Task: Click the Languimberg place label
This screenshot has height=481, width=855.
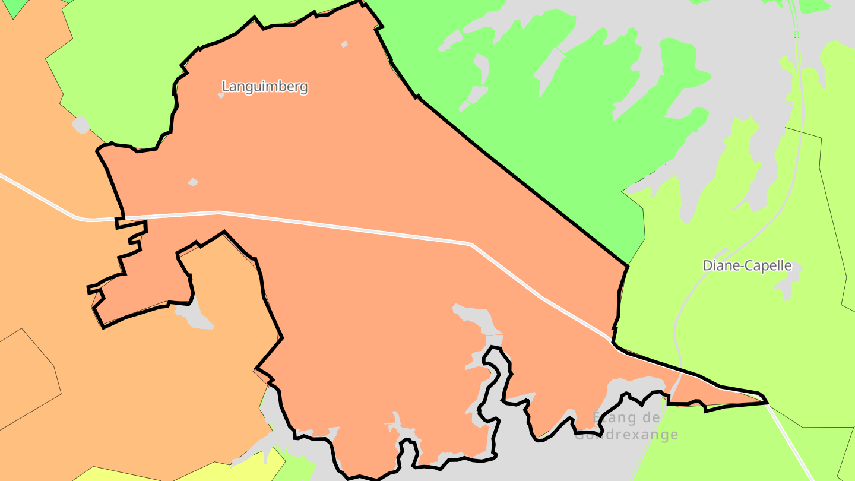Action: coord(265,87)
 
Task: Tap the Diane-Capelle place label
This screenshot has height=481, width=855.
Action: coord(747,265)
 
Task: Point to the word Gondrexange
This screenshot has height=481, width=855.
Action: coord(626,435)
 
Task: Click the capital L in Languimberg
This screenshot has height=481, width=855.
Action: coord(226,87)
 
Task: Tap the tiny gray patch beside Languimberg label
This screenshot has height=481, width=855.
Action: coord(221,95)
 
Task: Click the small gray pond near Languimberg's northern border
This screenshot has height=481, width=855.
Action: coord(344,44)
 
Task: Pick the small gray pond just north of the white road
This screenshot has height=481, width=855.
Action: coord(192,182)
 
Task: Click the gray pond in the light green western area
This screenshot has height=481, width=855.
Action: coord(81,125)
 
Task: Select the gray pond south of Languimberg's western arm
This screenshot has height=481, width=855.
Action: coord(196,315)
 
